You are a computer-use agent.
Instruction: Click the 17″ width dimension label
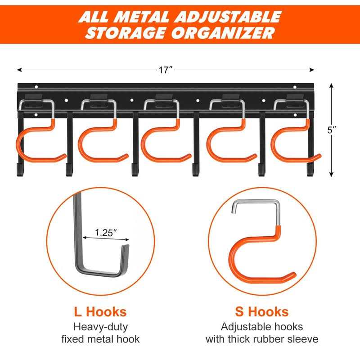(x=166, y=70)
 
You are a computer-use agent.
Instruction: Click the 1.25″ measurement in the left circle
(x=106, y=233)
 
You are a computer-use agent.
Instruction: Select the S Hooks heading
(x=262, y=311)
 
